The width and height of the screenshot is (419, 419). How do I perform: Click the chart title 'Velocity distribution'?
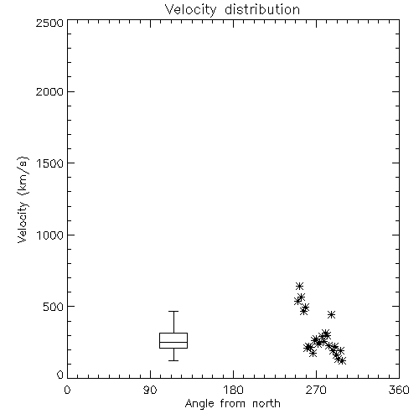point(232,9)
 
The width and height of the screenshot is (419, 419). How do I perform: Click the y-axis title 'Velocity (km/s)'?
point(23,199)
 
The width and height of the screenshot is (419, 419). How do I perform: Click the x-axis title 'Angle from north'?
point(232,404)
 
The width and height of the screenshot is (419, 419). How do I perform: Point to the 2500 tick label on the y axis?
point(49,23)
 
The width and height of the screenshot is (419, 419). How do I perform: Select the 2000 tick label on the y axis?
point(49,91)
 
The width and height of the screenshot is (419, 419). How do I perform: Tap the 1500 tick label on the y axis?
point(50,163)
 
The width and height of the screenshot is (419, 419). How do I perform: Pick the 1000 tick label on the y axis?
point(50,235)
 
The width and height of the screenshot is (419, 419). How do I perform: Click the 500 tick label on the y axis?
point(54,307)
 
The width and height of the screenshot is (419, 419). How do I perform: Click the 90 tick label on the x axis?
point(150,390)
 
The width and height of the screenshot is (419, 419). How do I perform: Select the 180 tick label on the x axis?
point(233,390)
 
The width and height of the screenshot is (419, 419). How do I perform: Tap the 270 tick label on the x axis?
point(316,390)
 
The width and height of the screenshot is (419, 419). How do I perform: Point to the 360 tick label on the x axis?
point(399,390)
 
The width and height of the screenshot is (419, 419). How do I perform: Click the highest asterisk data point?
point(299,286)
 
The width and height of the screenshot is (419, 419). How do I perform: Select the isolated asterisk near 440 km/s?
point(331,315)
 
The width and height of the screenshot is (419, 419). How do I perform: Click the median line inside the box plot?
point(173,342)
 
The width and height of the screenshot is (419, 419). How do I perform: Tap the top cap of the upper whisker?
point(173,311)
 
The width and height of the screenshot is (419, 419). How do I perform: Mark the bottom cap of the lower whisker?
point(173,360)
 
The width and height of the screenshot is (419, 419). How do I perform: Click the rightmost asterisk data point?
point(342,361)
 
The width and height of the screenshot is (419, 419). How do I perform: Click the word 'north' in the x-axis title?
point(266,404)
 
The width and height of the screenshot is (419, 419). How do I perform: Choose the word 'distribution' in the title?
point(262,9)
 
